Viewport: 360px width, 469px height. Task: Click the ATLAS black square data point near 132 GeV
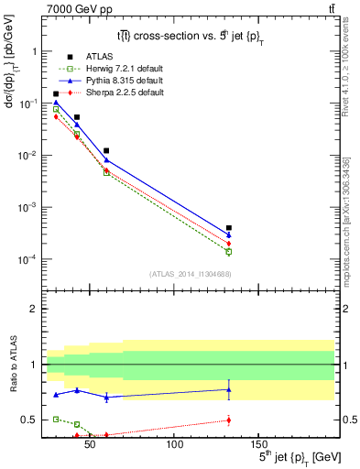pos(229,227)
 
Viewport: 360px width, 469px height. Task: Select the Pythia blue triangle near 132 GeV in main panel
pos(229,235)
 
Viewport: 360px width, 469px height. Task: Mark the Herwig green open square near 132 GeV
pos(229,251)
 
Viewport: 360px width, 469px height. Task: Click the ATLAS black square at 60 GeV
pos(107,150)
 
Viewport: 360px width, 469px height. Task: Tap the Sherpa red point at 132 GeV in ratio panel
pos(229,420)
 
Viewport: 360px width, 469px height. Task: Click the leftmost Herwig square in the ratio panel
pos(56,419)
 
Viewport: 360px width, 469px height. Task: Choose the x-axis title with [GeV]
pos(286,456)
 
